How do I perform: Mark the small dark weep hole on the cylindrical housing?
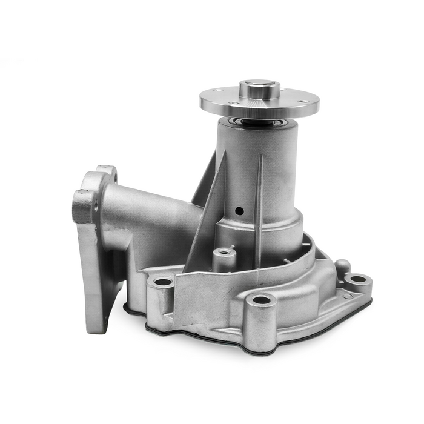(239, 211)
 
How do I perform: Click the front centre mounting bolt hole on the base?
(261, 300)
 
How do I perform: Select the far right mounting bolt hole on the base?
(357, 280)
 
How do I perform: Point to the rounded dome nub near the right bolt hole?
(342, 265)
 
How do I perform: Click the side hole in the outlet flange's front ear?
(95, 207)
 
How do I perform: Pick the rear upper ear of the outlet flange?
(107, 172)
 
